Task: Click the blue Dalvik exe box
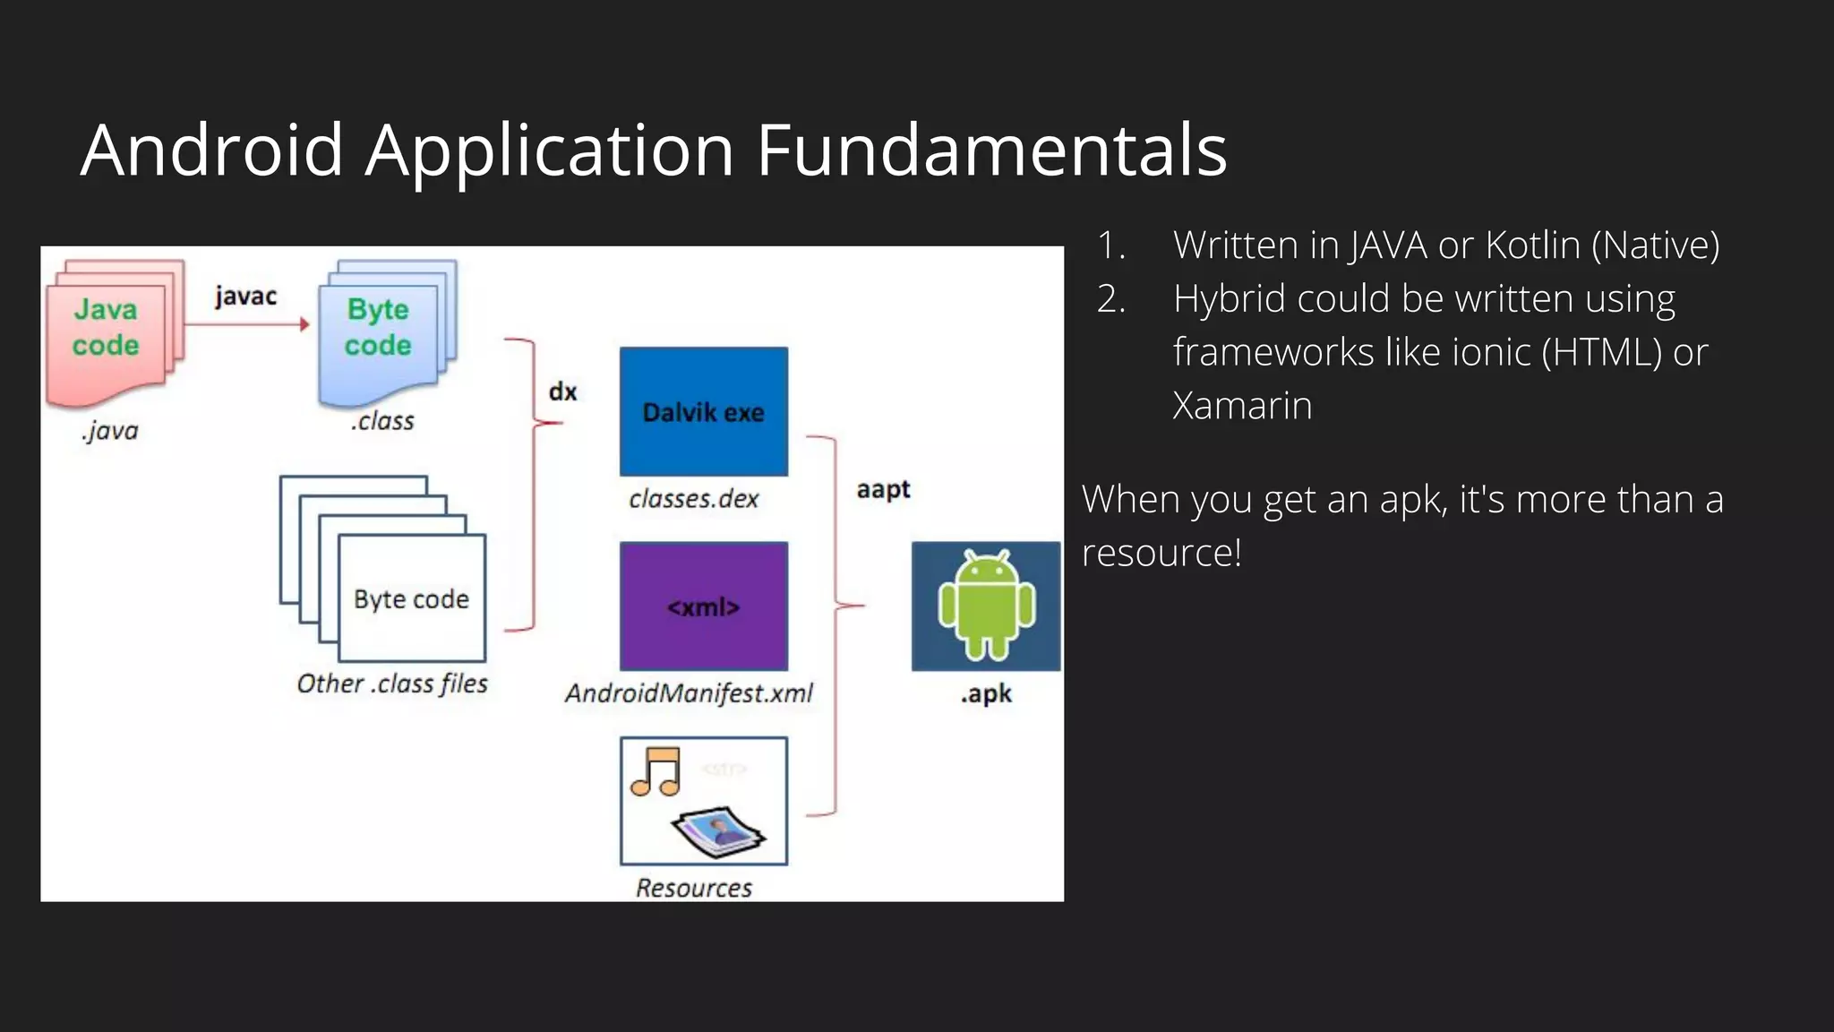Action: click(x=704, y=411)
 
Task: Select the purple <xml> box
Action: click(x=704, y=606)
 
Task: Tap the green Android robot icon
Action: click(x=986, y=606)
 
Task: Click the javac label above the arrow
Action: click(x=245, y=296)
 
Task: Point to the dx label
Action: click(x=562, y=391)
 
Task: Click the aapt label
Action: click(x=883, y=489)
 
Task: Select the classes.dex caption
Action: click(x=693, y=498)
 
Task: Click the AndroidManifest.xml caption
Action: click(x=689, y=692)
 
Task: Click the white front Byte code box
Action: click(x=412, y=598)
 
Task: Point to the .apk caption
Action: click(x=986, y=693)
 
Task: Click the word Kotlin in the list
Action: click(x=1532, y=245)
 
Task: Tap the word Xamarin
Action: click(x=1242, y=406)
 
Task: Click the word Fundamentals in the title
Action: click(x=991, y=150)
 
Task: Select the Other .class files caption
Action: click(x=392, y=684)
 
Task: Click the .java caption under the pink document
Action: click(x=110, y=431)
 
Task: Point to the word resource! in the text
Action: click(x=1161, y=553)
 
